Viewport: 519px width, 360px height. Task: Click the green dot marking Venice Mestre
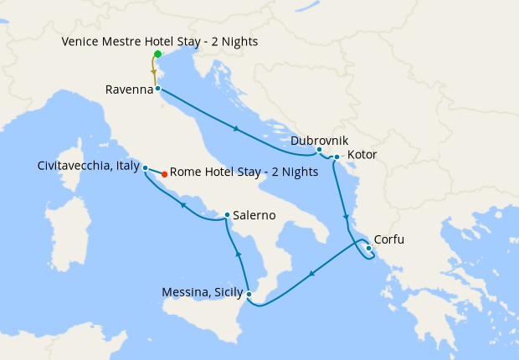[x=157, y=54]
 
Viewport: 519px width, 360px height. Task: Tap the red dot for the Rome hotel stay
[x=164, y=174]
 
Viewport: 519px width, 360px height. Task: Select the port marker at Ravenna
[x=157, y=87]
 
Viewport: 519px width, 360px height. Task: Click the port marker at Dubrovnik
[x=319, y=150]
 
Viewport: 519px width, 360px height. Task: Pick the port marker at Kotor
[x=337, y=157]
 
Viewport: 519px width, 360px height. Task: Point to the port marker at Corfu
[x=369, y=248]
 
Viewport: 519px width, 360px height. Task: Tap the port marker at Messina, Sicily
[x=249, y=293]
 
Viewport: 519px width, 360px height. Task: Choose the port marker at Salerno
[x=227, y=215]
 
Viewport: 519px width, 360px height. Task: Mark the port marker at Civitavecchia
[x=146, y=167]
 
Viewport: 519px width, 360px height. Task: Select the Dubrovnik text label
[x=320, y=141]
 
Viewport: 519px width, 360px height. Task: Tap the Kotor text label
[x=362, y=156]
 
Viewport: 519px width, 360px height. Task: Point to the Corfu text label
[x=388, y=239]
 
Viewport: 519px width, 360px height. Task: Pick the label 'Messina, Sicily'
[x=203, y=292]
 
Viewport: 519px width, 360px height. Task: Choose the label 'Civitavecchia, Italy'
[x=89, y=166]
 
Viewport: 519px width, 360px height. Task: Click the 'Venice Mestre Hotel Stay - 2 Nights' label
[x=160, y=41]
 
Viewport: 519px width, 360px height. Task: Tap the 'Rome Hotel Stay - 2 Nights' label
[x=244, y=172]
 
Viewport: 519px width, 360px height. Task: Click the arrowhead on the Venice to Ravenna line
[x=154, y=73]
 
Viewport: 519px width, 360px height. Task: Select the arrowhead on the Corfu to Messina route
[x=312, y=273]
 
